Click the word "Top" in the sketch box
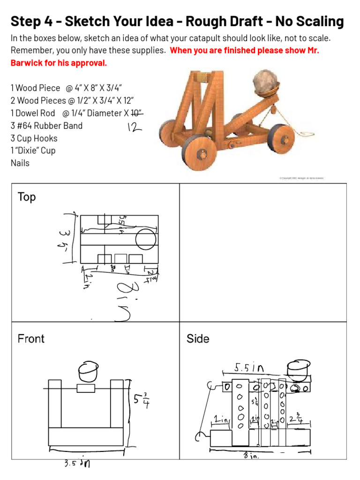coord(26,197)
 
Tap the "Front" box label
coord(31,338)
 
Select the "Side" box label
coord(197,338)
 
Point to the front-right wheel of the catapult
coord(202,153)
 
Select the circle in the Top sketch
coord(145,240)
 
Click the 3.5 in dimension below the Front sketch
coord(77,464)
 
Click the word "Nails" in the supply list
coord(20,163)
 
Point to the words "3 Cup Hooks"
coord(34,138)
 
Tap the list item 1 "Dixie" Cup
coord(33,150)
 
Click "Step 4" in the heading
coord(33,22)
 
